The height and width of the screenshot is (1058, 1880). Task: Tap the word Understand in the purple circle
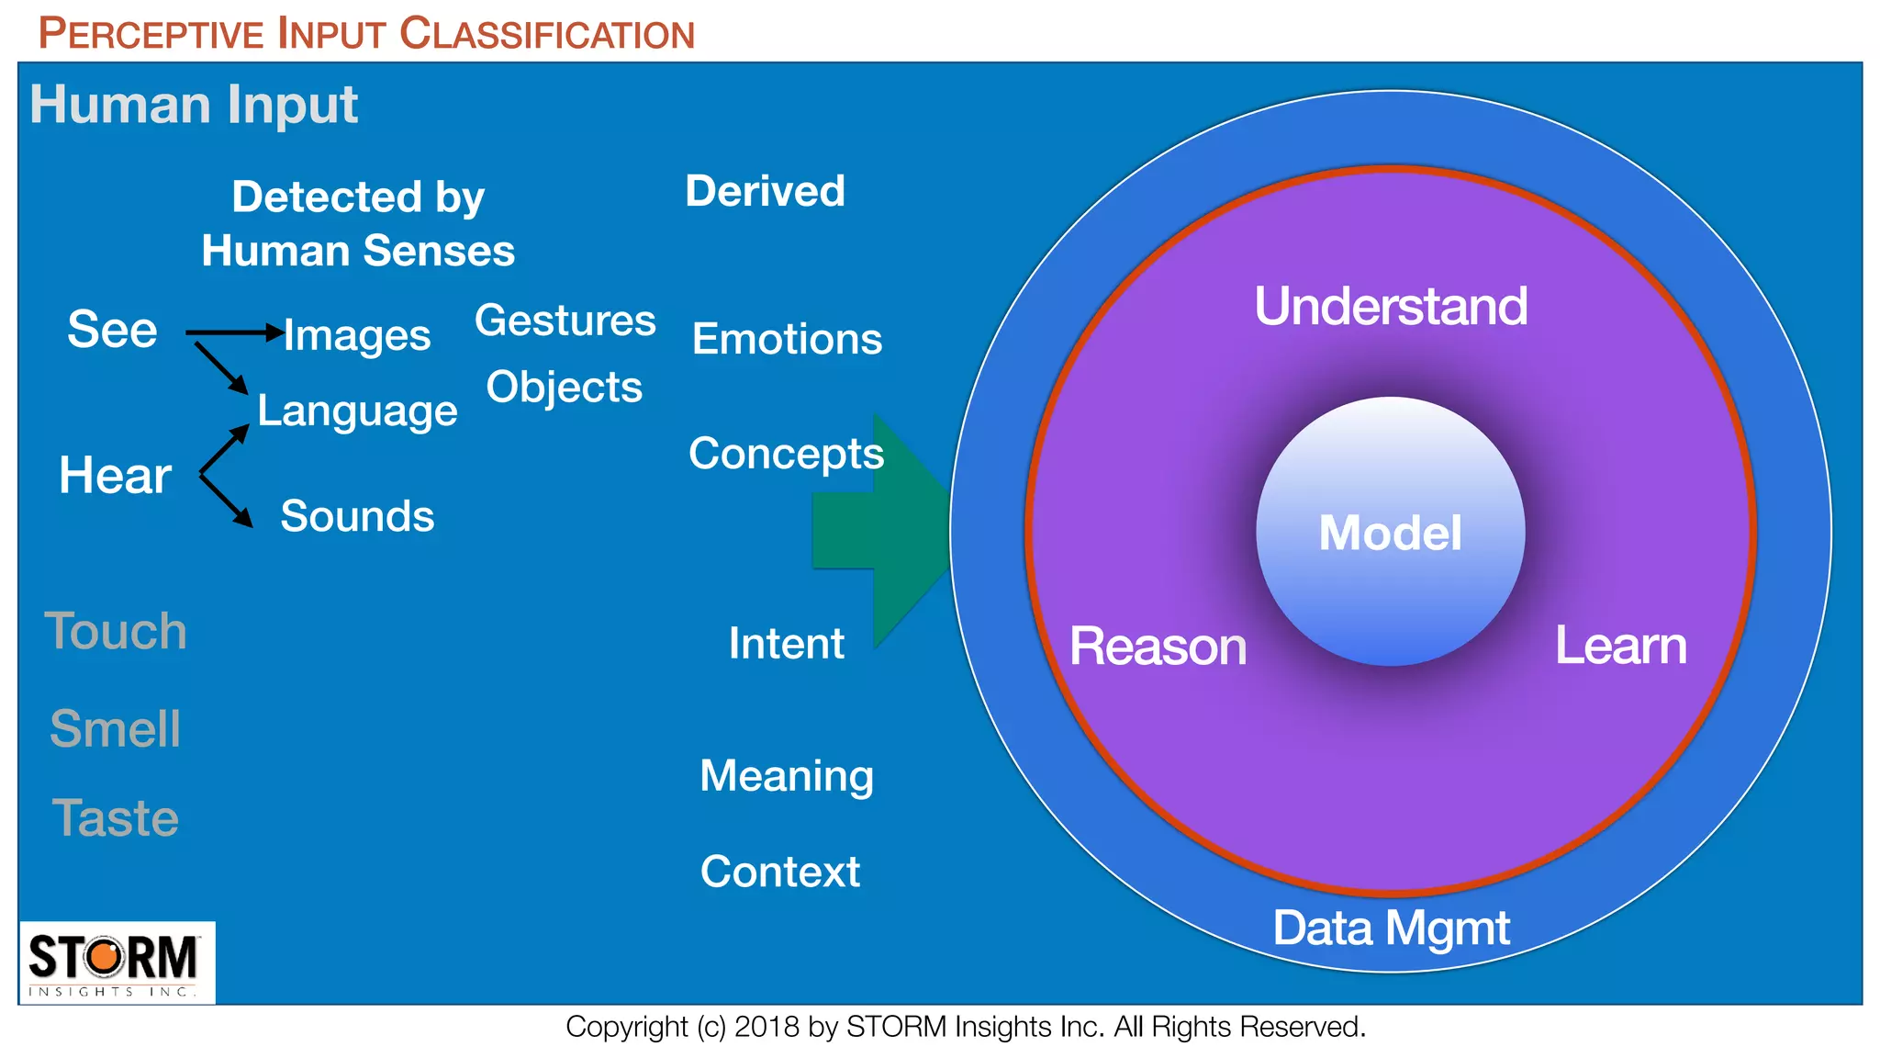coord(1390,306)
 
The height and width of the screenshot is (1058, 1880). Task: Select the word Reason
coord(1158,646)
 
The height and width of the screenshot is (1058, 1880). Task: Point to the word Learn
coord(1620,646)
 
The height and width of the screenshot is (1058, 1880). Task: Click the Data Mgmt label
coord(1390,928)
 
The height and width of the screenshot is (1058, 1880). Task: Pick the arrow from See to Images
coord(234,332)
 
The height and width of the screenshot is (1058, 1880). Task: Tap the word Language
coord(357,411)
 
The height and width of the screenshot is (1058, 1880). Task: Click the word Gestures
coord(565,321)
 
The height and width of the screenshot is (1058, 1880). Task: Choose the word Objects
coord(564,387)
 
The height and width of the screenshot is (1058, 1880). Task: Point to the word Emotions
coord(787,339)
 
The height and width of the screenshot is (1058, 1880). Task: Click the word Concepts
coord(786,454)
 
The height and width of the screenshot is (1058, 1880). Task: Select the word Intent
coord(786,643)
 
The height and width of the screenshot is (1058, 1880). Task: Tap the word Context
coord(779,871)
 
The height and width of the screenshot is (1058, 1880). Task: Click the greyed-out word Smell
coord(115,729)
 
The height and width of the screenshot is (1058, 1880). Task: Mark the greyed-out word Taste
coord(115,817)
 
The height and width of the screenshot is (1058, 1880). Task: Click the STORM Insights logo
coord(117,962)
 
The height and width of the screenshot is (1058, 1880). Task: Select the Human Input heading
coord(193,104)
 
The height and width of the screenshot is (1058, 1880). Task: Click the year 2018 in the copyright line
coord(767,1027)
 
